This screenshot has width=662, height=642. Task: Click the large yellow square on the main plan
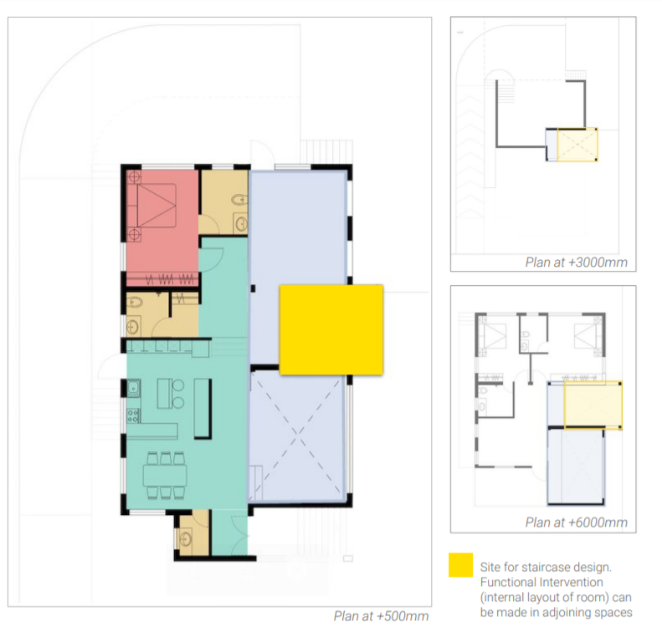[331, 329]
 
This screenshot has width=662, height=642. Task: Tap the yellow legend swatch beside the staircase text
[459, 565]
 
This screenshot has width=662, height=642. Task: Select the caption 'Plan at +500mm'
[381, 617]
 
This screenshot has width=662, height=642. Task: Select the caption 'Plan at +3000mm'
[576, 262]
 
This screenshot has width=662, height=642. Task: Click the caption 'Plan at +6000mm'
[576, 522]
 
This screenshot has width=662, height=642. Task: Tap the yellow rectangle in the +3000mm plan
[577, 144]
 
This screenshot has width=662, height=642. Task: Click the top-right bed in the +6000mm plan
[586, 336]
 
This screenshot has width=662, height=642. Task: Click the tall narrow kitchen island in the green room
[202, 407]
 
